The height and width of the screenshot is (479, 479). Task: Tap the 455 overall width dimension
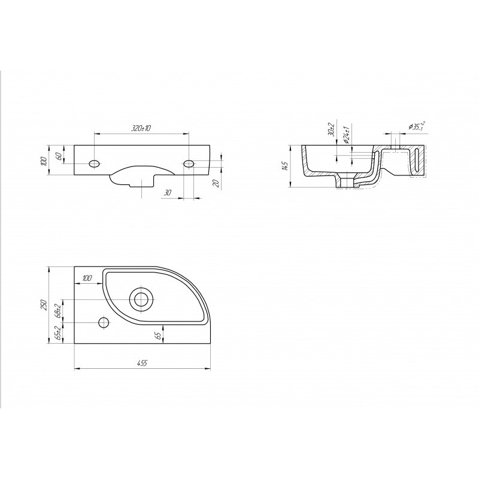[x=142, y=363]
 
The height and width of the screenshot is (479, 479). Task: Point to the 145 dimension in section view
[x=285, y=166]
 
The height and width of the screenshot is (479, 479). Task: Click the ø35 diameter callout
[x=417, y=126]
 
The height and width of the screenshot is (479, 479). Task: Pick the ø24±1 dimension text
[x=346, y=135]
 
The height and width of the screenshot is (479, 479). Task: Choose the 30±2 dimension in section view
[x=331, y=129]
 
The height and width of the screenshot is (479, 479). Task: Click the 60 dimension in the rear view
[x=59, y=155]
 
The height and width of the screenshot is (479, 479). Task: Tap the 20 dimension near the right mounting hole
[x=216, y=183]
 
